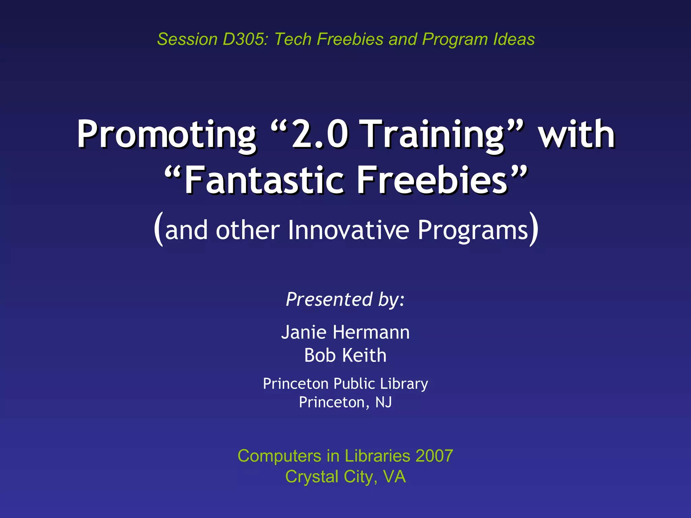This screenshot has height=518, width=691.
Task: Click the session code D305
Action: pyautogui.click(x=243, y=39)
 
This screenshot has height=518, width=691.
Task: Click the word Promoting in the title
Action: pyautogui.click(x=166, y=135)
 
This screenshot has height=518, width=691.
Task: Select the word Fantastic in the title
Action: pyautogui.click(x=265, y=180)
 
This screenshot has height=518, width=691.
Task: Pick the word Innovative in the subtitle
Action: pyautogui.click(x=348, y=230)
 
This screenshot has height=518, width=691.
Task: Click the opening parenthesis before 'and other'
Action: pyautogui.click(x=159, y=229)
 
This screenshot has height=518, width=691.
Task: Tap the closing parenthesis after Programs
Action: pyautogui.click(x=533, y=229)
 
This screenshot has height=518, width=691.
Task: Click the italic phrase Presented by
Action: pyautogui.click(x=345, y=299)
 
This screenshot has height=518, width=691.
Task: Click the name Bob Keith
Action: pyautogui.click(x=345, y=355)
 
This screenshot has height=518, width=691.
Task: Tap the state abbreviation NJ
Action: pyautogui.click(x=383, y=402)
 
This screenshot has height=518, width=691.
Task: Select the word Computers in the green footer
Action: pyautogui.click(x=279, y=456)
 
